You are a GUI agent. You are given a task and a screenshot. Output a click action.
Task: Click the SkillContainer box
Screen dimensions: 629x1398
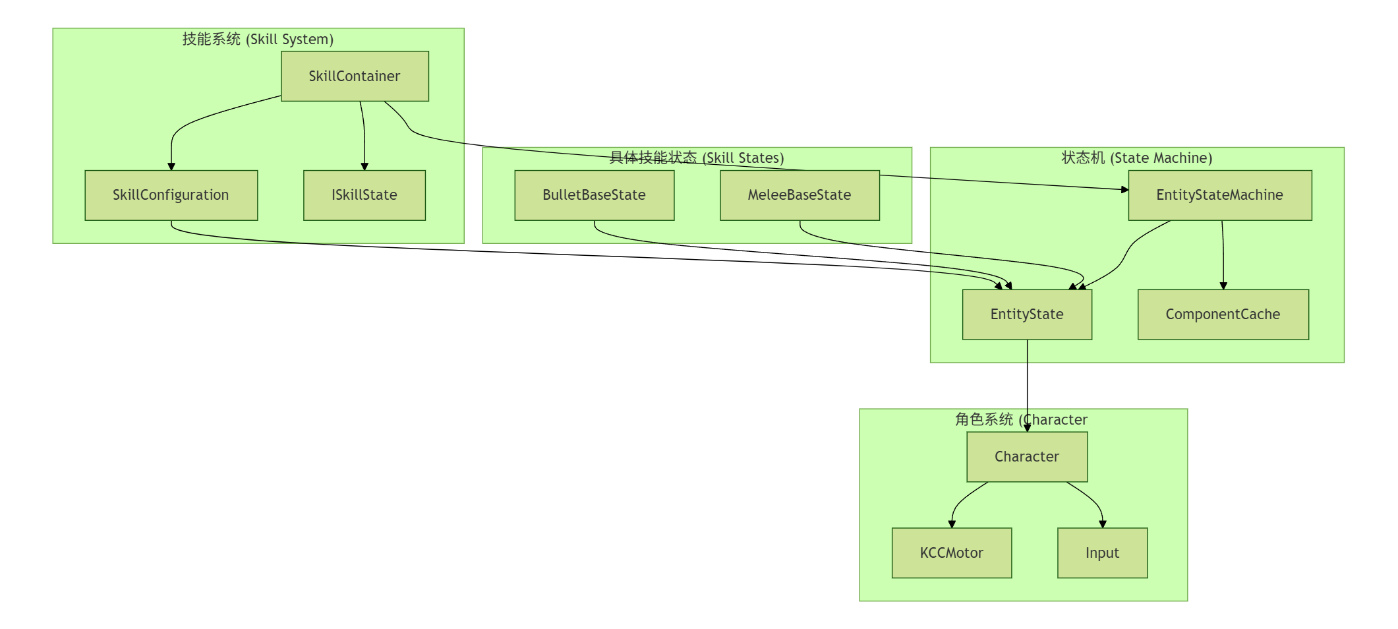tap(355, 76)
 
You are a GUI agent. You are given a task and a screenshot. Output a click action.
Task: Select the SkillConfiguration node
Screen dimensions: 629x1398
tap(171, 195)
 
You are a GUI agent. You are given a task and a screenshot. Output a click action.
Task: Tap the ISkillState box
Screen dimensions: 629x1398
tap(364, 195)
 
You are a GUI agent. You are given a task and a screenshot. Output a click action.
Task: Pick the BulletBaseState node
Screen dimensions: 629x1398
tap(594, 195)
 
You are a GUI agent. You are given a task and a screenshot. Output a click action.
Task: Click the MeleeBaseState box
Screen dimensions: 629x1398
tap(799, 195)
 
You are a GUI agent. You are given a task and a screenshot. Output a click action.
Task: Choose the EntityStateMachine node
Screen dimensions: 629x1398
tap(1219, 195)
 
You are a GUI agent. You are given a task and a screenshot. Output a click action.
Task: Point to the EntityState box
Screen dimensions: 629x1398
tap(1026, 314)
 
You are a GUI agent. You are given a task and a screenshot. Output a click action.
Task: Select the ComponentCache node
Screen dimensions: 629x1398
tap(1223, 314)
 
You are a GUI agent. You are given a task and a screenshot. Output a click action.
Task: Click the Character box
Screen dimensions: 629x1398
tap(1026, 457)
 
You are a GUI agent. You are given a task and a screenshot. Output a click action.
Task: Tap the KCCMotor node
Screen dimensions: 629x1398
tap(951, 553)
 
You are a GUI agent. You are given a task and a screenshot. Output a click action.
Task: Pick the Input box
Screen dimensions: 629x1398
tap(1102, 553)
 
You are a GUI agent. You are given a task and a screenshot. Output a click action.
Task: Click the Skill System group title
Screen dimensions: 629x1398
tap(258, 40)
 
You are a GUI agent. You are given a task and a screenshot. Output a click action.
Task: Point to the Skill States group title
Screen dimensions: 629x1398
tap(697, 158)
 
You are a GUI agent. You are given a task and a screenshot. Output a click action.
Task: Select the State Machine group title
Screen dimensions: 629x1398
tap(1136, 158)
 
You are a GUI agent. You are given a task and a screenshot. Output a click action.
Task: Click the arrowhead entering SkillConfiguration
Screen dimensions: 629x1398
tap(171, 167)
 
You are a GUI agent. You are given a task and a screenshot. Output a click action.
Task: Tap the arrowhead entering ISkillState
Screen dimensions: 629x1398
tap(364, 167)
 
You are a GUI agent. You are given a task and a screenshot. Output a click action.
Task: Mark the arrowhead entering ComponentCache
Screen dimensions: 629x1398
tap(1223, 286)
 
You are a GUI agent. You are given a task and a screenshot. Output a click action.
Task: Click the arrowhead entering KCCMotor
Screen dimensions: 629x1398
tap(952, 524)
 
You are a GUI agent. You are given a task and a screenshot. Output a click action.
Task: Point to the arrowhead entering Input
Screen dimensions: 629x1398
tap(1103, 524)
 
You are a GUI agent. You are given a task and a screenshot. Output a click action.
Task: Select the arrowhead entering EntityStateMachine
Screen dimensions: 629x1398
tap(1124, 190)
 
